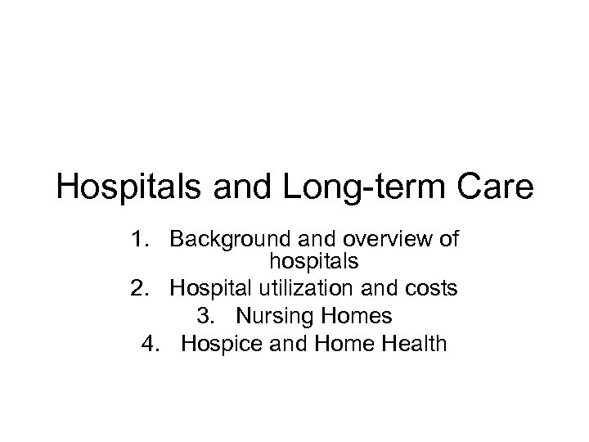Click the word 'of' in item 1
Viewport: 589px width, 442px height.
pyautogui.click(x=447, y=240)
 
